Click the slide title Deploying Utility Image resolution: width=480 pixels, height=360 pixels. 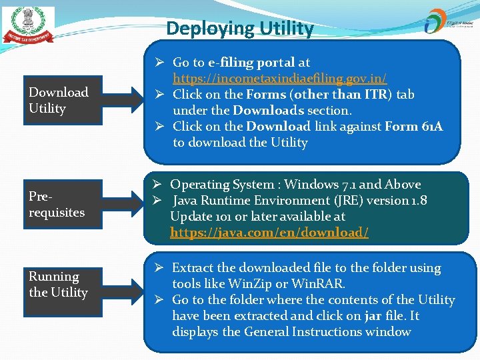click(x=239, y=29)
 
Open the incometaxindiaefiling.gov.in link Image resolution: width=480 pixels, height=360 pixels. click(x=279, y=79)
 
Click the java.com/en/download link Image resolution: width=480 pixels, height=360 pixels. click(x=269, y=233)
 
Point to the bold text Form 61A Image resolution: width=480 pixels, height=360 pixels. click(x=413, y=127)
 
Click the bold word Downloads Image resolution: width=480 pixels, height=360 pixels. click(x=269, y=111)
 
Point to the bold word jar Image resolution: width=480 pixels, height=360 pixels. click(x=373, y=316)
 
